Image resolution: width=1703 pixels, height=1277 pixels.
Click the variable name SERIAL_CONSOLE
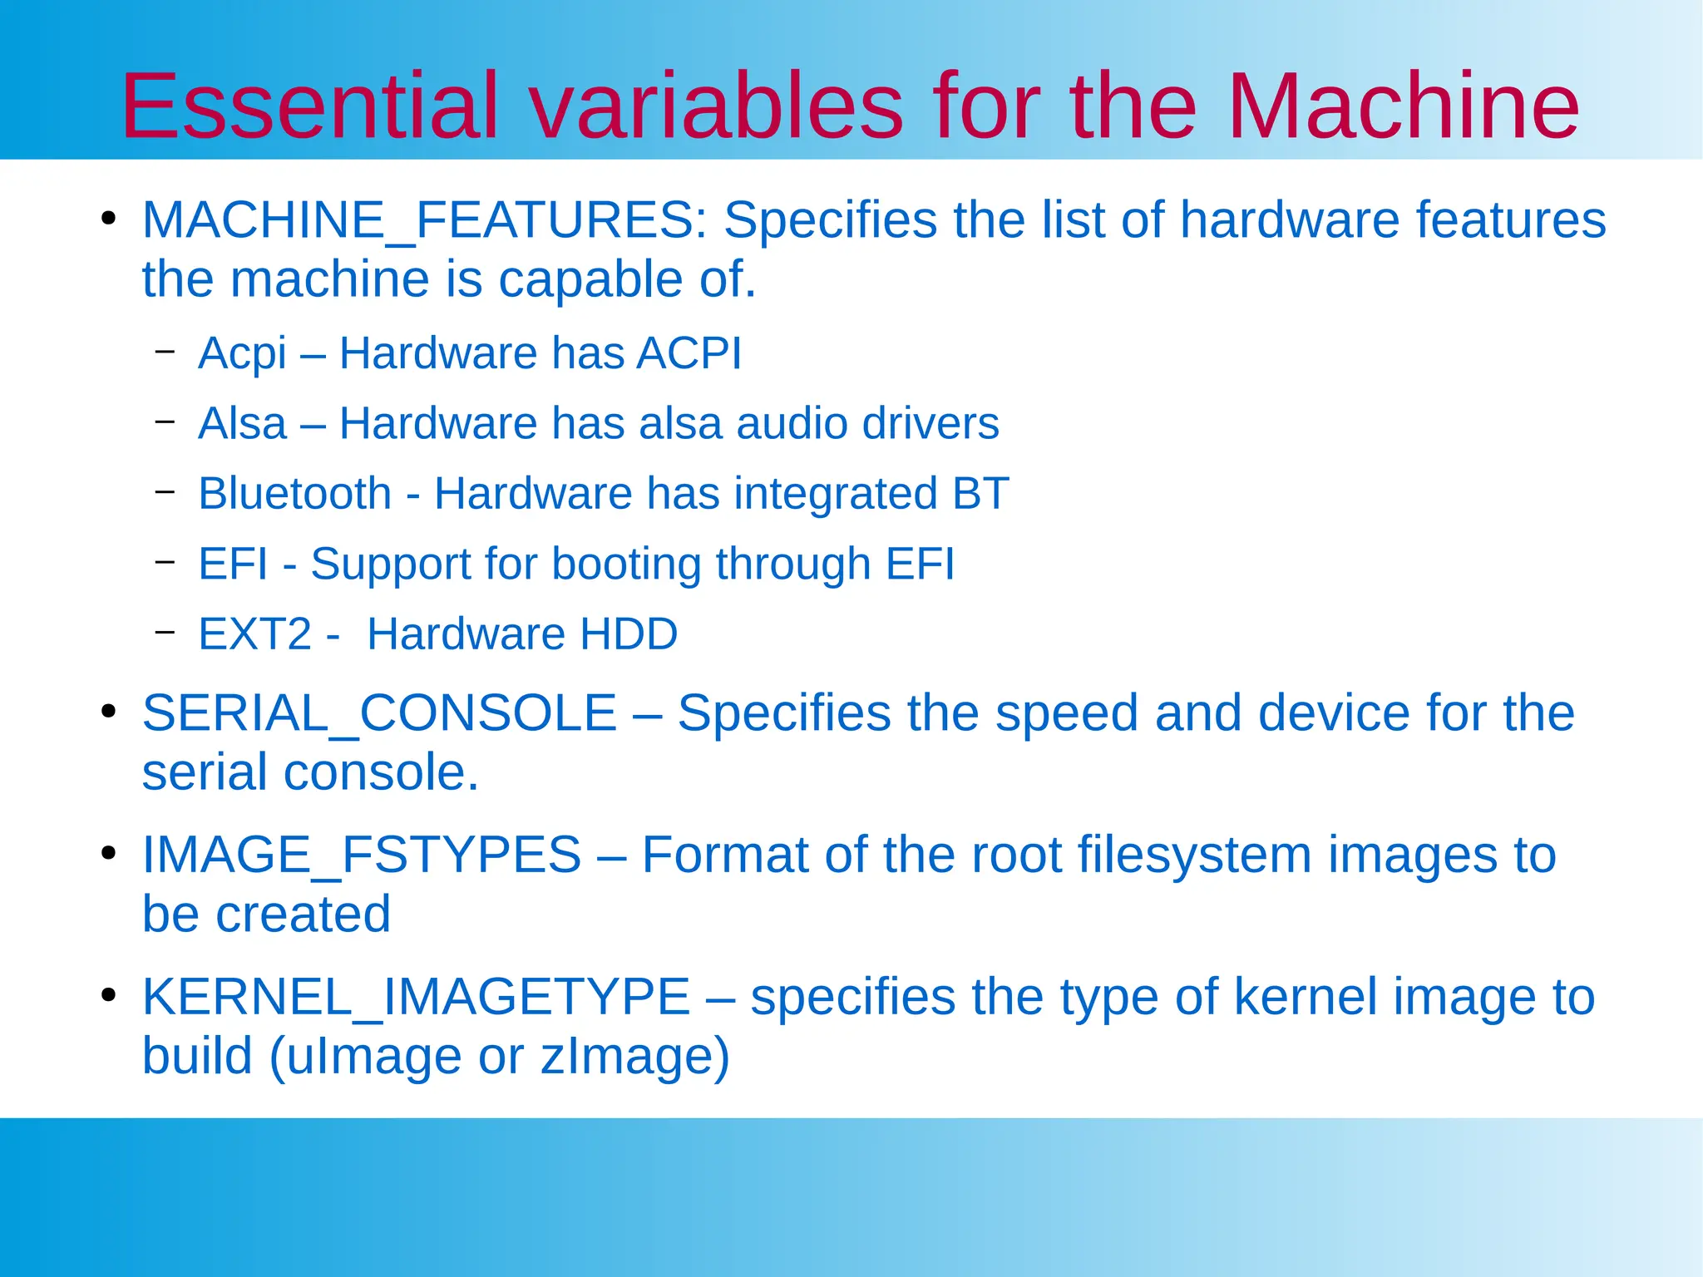click(379, 713)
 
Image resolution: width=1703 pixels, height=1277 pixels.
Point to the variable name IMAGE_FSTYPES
click(361, 855)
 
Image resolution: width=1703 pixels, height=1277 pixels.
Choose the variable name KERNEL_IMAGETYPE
click(416, 997)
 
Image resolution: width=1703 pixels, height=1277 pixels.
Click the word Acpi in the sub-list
click(242, 354)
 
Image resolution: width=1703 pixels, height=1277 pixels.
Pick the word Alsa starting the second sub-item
click(242, 423)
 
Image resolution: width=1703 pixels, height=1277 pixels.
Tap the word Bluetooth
click(294, 494)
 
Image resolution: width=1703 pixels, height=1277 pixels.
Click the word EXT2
click(254, 634)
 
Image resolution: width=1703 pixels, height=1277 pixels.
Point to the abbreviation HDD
click(629, 634)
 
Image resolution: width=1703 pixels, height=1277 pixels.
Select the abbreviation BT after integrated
click(980, 494)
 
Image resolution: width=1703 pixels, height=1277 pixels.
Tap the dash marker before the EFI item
click(165, 562)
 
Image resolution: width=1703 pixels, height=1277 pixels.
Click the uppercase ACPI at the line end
click(689, 353)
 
